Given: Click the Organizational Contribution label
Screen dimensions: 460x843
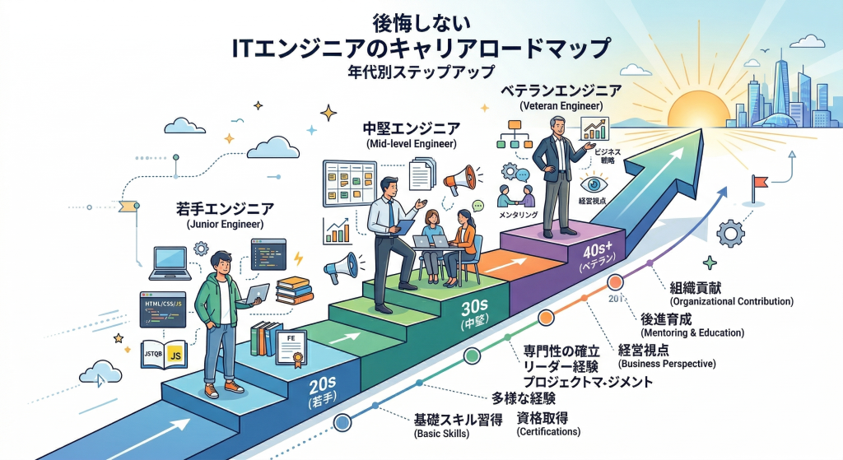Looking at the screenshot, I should point(731,302).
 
